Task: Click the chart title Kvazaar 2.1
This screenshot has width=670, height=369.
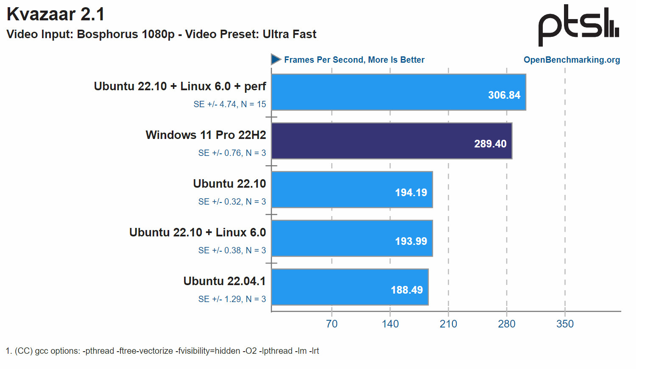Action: coord(56,14)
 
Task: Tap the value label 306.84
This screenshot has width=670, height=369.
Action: coord(504,95)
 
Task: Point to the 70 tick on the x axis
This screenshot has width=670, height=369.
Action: coord(332,324)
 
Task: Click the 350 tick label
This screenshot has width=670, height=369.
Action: coord(565,324)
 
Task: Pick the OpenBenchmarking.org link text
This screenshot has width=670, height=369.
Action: coord(571,60)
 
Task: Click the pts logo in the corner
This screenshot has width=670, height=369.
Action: coord(578,25)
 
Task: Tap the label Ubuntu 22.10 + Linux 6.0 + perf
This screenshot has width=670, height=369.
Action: coord(180,86)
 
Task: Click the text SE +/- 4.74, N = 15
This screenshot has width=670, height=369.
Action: coord(230,104)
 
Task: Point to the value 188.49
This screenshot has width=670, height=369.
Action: coord(407,290)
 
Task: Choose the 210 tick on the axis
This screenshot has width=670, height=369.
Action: coord(448,324)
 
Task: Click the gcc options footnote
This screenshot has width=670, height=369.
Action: coord(162,351)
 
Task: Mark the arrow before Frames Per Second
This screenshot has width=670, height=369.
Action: coord(276,59)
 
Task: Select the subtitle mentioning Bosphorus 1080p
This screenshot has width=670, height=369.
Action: coord(161,34)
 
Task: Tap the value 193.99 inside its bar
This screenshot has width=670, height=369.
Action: coord(411,241)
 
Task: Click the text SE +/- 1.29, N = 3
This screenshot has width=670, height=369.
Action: coord(232,299)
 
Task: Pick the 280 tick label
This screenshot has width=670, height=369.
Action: coord(506,324)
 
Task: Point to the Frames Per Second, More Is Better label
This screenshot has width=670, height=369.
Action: coord(354,60)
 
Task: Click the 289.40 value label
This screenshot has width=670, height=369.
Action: coord(490,144)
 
